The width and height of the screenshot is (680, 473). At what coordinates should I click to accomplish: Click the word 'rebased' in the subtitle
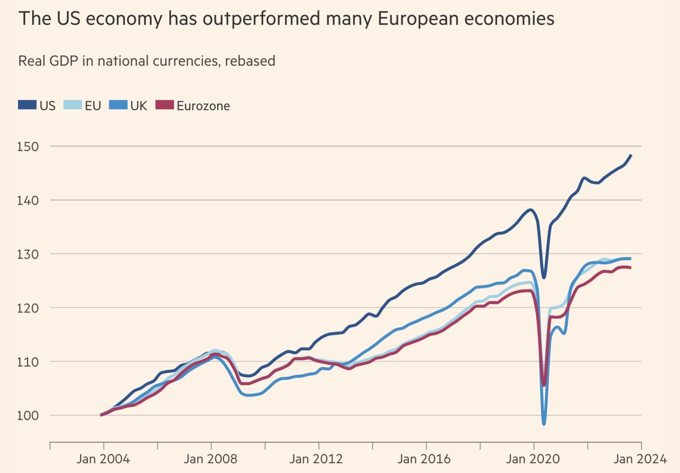coord(250,61)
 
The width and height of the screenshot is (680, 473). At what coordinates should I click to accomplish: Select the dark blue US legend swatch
coord(27,105)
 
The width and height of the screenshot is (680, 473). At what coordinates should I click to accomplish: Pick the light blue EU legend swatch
coord(72,105)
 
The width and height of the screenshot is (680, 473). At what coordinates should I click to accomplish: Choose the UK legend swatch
coord(118,105)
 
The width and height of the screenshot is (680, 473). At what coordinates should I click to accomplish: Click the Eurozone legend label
coord(203,106)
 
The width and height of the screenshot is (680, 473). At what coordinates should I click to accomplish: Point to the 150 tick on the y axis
coord(28,147)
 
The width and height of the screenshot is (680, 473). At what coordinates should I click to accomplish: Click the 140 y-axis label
coord(28,201)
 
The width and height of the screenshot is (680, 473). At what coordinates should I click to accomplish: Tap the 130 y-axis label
coord(28,254)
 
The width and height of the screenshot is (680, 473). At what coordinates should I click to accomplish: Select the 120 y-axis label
coord(28,308)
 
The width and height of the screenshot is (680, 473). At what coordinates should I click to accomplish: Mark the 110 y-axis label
coord(28,362)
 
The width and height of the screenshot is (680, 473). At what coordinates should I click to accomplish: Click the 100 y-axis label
coord(28,416)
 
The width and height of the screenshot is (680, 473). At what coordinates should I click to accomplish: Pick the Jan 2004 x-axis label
coord(103,459)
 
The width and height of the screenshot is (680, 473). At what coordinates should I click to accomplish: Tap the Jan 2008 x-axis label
coord(211,459)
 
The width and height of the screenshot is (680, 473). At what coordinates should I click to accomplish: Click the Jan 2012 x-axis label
coord(316,459)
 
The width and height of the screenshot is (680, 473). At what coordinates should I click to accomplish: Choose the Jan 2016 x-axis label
coord(424,459)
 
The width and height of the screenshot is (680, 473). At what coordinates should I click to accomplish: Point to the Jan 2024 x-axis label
coord(640,459)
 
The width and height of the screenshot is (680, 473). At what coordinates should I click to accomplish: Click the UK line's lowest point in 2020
coord(544,424)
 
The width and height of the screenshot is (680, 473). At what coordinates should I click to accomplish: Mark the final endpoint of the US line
coord(631,155)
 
